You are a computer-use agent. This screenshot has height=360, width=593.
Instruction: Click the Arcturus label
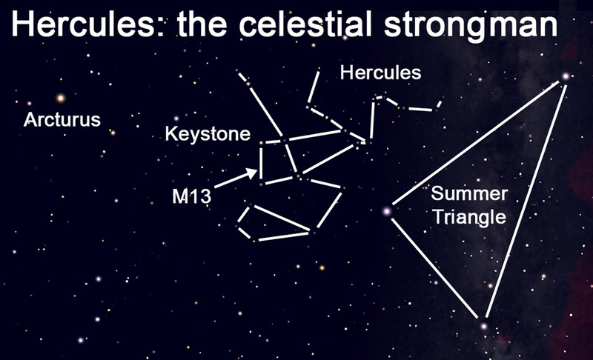pyautogui.click(x=62, y=120)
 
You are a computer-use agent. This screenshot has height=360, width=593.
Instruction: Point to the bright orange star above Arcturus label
pyautogui.click(x=61, y=99)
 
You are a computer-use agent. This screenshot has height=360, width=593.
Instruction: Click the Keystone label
pyautogui.click(x=208, y=135)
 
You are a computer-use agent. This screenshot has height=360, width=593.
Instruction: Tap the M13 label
pyautogui.click(x=191, y=196)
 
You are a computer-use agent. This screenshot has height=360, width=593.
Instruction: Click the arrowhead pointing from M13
pyautogui.click(x=252, y=173)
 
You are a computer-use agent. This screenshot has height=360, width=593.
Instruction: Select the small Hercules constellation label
pyautogui.click(x=380, y=73)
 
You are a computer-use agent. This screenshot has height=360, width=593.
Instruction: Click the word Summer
pyautogui.click(x=469, y=193)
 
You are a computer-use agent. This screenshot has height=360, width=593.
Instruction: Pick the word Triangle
pyautogui.click(x=469, y=217)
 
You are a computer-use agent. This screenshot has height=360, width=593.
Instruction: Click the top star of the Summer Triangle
pyautogui.click(x=566, y=76)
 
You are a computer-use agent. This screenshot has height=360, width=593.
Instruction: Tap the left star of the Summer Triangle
pyautogui.click(x=386, y=211)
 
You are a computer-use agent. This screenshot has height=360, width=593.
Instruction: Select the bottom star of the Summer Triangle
pyautogui.click(x=484, y=326)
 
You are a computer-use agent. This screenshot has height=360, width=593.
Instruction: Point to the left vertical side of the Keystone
pyautogui.click(x=261, y=163)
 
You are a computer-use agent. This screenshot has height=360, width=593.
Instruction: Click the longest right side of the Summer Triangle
pyautogui.click(x=526, y=201)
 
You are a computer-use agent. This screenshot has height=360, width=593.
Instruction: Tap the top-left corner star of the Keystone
pyautogui.click(x=261, y=143)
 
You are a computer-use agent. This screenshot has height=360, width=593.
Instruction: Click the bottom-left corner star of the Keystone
pyautogui.click(x=261, y=184)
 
